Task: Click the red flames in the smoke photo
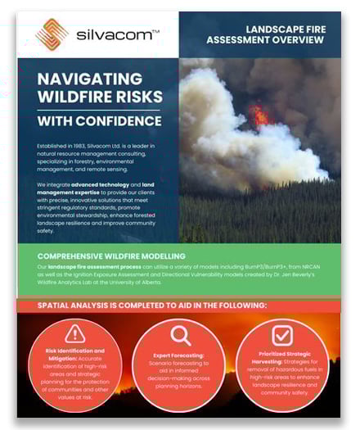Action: pos(259,116)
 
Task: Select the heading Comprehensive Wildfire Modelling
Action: pos(112,256)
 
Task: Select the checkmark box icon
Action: pos(281,335)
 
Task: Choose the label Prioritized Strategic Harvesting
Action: pos(281,358)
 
